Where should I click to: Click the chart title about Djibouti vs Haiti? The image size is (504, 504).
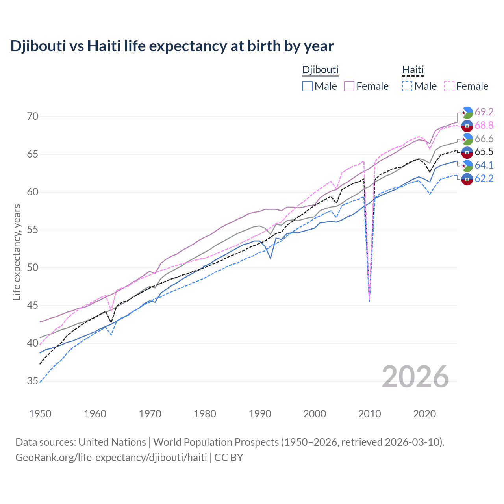coord(172,46)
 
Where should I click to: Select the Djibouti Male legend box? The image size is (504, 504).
coord(308,86)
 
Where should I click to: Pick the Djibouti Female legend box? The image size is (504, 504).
coord(349,86)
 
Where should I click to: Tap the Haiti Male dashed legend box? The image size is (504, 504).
coord(407,86)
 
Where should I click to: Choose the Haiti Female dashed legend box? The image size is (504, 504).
coord(449,86)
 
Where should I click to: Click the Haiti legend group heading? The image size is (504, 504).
coord(413,70)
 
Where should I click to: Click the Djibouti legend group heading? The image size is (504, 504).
coord(320,70)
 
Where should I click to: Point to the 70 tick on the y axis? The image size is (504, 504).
coord(33,116)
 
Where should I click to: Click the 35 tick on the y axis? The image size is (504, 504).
coord(33,381)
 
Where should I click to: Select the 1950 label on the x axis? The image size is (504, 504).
coord(40,414)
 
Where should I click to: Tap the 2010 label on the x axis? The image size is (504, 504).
coord(369,414)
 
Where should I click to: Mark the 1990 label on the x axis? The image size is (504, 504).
coord(260,414)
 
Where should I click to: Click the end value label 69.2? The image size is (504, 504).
coord(484,112)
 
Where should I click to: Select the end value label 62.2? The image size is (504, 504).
coord(484,179)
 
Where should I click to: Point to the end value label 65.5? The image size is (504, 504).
coord(484,152)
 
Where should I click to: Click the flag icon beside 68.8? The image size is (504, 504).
coord(467,126)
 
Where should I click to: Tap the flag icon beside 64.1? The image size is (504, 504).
coord(467,165)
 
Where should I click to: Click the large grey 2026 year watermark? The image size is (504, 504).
coord(415,377)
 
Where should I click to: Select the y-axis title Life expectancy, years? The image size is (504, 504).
coord(17,252)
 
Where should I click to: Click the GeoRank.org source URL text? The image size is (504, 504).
coord(111,458)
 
